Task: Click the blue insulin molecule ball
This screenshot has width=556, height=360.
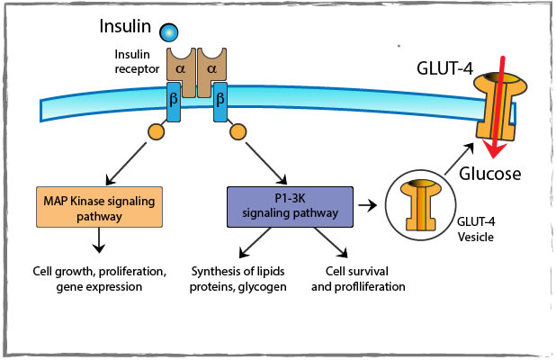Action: [168, 33]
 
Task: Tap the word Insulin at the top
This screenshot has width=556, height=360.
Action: [125, 22]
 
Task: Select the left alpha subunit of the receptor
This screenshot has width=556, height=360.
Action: [178, 69]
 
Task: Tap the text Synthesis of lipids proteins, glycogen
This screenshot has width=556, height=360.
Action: [239, 279]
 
